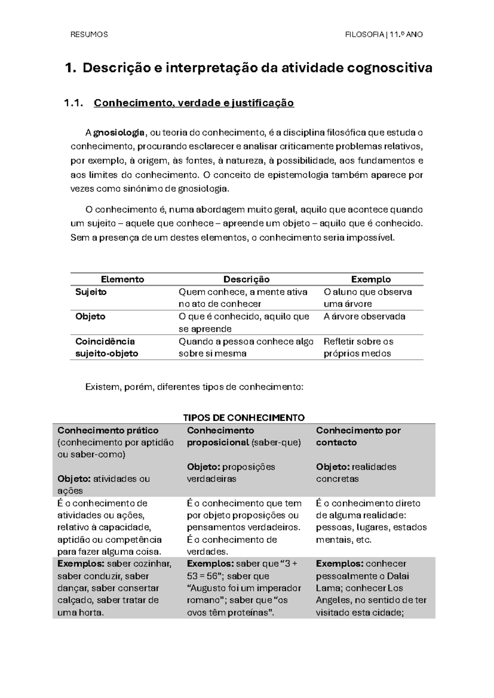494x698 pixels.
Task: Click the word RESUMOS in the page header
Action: tap(89, 35)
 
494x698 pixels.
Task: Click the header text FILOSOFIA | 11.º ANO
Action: tap(384, 35)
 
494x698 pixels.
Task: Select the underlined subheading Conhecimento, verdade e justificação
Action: tap(194, 103)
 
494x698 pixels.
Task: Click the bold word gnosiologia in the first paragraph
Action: tap(119, 133)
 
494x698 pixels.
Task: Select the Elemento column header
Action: tap(122, 279)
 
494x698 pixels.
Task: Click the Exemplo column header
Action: tap(370, 279)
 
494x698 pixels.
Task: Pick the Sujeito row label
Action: tap(91, 292)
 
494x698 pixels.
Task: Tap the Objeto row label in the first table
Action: tap(90, 316)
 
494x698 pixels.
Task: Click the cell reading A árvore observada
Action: tap(364, 316)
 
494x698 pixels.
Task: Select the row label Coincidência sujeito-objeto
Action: tap(107, 347)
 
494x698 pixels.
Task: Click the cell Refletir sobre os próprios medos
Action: tap(358, 347)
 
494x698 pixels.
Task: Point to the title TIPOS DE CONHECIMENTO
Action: tap(244, 418)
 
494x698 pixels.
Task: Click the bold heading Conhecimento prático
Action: tap(108, 430)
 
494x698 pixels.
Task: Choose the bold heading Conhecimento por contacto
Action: tap(358, 436)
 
